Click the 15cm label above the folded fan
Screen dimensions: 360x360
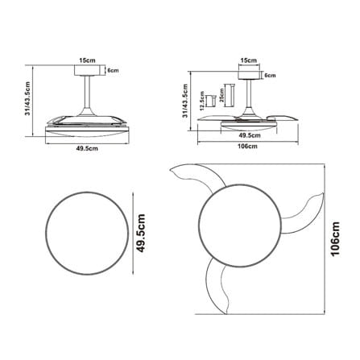coord(87,60)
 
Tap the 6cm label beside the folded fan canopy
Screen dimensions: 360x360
coord(113,71)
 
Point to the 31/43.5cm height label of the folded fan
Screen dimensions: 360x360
coord(27,99)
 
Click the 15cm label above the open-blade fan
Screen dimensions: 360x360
coord(248,60)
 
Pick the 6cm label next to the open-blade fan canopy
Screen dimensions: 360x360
coord(270,76)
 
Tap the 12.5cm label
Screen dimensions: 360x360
coord(202,101)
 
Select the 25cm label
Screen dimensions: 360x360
coord(221,96)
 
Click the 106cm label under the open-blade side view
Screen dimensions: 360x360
coord(248,147)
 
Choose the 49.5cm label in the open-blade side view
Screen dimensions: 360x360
coord(250,135)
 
